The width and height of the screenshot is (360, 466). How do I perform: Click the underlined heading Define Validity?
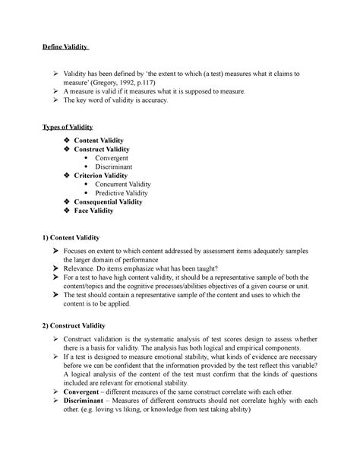[65, 50]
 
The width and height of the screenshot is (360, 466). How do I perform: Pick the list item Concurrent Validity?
[124, 184]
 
